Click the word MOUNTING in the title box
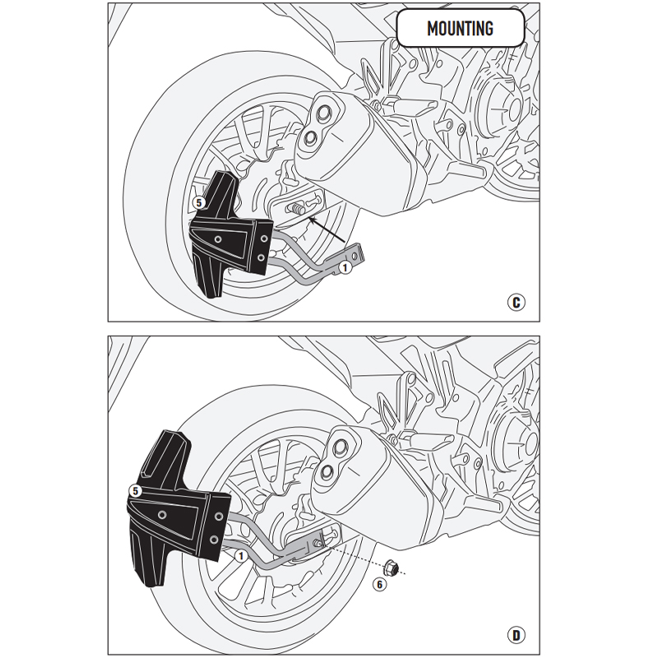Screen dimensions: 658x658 tap(460, 29)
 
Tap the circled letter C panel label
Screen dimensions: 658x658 tap(515, 303)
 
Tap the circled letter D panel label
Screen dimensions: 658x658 tap(515, 634)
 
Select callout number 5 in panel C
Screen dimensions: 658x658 tap(198, 201)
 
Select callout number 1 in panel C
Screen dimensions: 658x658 tap(345, 266)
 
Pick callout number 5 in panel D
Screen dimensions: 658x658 tap(134, 490)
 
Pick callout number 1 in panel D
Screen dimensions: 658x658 tap(240, 556)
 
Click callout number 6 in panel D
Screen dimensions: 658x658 tap(378, 585)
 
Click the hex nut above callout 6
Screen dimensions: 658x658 tap(392, 567)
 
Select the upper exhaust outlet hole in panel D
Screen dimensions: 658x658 tap(337, 447)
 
